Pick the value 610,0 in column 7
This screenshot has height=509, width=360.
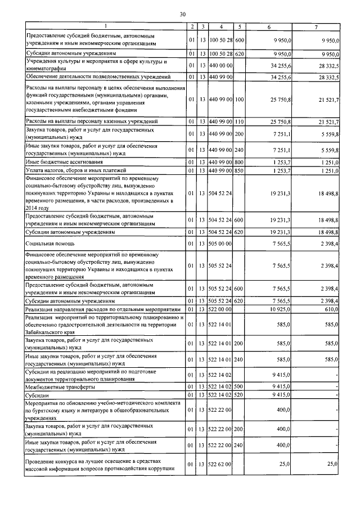click(330, 309)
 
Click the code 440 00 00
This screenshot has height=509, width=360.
click(221, 65)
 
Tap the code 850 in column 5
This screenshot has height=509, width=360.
click(239, 170)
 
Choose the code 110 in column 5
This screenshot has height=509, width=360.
click(239, 121)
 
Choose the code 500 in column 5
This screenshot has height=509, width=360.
click(239, 387)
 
